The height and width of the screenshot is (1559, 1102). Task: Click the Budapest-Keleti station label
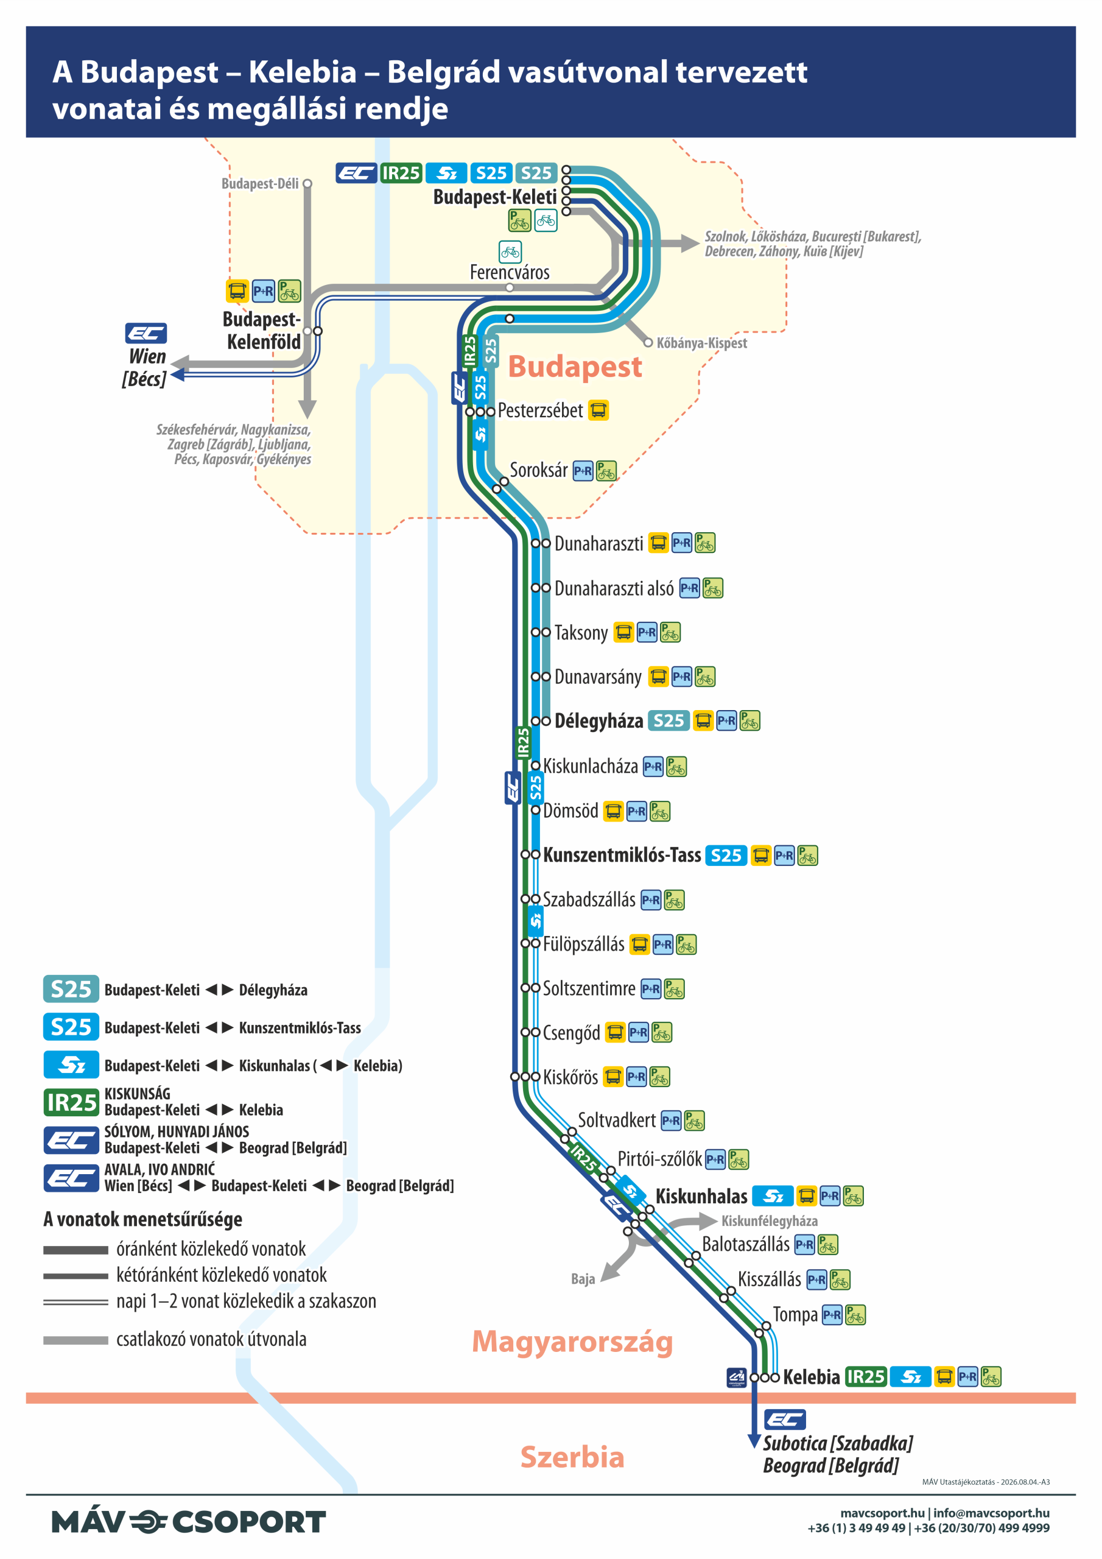point(494,197)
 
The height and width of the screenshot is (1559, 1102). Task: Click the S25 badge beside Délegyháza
point(668,720)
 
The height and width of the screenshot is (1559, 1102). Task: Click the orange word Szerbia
point(572,1457)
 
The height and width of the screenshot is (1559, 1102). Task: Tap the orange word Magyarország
point(572,1342)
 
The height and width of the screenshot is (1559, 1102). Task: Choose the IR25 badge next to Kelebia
point(866,1376)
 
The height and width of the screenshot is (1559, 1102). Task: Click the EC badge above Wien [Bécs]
point(146,333)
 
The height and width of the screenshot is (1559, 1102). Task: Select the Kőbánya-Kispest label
point(701,343)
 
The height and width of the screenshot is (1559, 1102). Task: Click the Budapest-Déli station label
point(260,183)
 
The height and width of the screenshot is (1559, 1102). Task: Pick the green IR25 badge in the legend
point(71,1102)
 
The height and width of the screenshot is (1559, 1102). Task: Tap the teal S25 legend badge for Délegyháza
point(71,988)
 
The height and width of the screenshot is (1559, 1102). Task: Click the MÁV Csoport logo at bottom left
point(189,1522)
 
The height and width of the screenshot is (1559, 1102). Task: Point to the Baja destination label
point(583,1279)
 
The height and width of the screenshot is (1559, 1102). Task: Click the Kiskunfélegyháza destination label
point(770,1221)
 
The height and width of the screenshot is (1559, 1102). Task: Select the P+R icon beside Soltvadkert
point(671,1121)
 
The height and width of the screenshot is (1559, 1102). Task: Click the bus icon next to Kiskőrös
point(613,1077)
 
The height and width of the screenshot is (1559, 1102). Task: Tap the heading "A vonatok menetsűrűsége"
point(142,1220)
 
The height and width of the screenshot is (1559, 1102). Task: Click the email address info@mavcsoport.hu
point(991,1513)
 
